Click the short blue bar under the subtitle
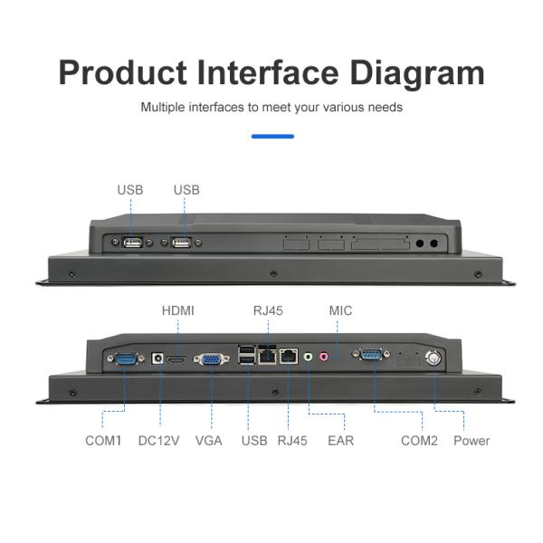tap(272, 137)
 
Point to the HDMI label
tap(177, 310)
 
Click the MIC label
tap(341, 310)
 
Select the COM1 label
tap(103, 441)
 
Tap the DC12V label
tap(158, 441)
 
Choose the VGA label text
tap(209, 441)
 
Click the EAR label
tap(340, 441)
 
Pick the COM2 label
tap(419, 441)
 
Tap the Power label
tap(472, 441)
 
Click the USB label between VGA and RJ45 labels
tap(254, 441)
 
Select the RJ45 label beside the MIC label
tap(268, 310)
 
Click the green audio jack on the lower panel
tap(309, 357)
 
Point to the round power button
tap(435, 357)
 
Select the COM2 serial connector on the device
tap(372, 355)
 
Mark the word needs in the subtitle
tap(386, 107)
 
